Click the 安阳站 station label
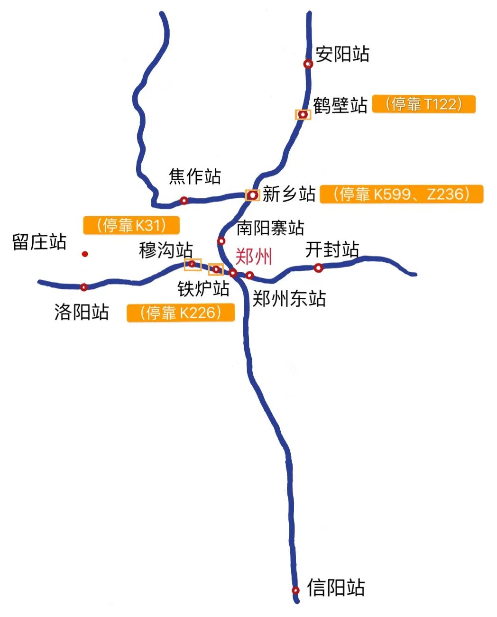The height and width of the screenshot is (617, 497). (342, 54)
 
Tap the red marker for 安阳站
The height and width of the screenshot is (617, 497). (308, 64)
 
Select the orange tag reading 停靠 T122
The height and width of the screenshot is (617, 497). (423, 104)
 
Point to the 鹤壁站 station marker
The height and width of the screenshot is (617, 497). (303, 114)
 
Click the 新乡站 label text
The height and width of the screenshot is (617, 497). (289, 194)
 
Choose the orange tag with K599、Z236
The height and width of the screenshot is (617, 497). (401, 194)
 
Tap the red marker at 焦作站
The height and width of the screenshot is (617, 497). (184, 201)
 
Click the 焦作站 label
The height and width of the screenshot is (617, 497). (195, 177)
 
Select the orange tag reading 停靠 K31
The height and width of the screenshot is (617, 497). (131, 225)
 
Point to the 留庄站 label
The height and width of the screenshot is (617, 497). (39, 242)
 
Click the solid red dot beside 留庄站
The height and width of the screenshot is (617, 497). (85, 254)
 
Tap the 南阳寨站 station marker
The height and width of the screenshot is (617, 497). (221, 241)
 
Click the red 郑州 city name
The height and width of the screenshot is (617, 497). (254, 257)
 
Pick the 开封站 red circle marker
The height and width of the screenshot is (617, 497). (318, 268)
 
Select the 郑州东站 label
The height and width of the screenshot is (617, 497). (289, 299)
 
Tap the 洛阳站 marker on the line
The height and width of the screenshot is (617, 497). (84, 287)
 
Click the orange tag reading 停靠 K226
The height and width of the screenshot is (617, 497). (181, 313)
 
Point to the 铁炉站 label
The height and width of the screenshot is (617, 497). (203, 288)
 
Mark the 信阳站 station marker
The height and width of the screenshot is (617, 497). (295, 590)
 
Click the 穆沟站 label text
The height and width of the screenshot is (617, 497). (166, 250)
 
